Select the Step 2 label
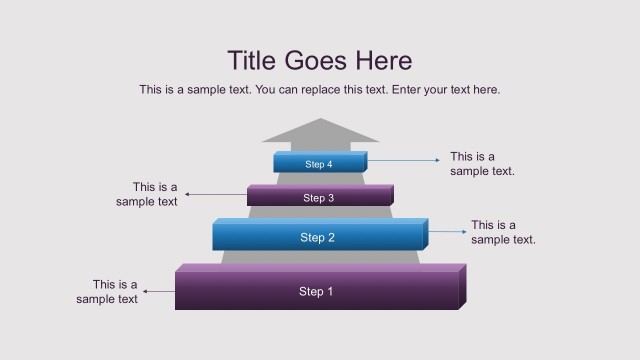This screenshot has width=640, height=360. [317, 238]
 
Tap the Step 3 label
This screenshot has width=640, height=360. [318, 198]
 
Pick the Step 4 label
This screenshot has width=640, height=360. [318, 164]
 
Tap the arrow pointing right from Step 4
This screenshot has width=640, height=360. [404, 160]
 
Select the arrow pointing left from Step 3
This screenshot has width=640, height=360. [215, 194]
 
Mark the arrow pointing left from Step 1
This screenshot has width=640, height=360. [160, 292]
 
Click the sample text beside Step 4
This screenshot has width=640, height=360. [482, 164]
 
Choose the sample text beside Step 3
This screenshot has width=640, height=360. [147, 194]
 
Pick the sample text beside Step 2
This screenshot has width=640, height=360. [503, 232]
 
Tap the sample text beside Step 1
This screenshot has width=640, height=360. [107, 292]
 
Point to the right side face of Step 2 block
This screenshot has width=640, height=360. [425, 234]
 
